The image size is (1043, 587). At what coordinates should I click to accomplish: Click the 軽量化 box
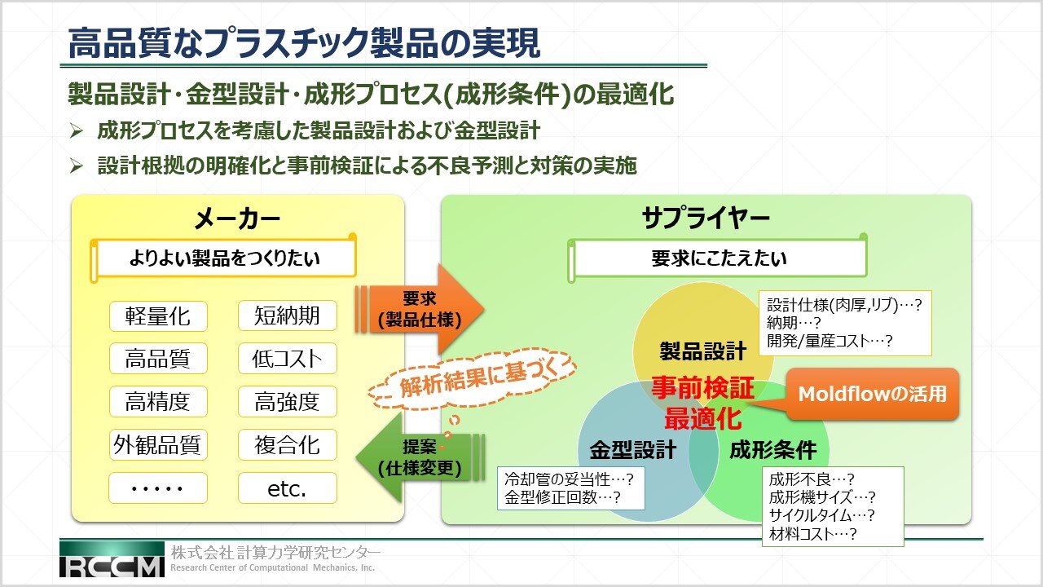point(158,316)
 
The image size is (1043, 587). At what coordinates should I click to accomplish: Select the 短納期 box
point(288,316)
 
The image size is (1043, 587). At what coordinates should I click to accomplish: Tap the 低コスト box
point(288,358)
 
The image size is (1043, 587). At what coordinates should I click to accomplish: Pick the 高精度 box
point(158,401)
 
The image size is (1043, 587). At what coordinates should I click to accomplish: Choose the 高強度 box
point(288,401)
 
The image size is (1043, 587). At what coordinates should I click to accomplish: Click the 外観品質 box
point(158,444)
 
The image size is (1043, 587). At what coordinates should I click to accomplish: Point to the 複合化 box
point(288,444)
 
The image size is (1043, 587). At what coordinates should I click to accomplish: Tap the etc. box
point(288,488)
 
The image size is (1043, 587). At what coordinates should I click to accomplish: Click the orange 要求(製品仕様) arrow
point(419,309)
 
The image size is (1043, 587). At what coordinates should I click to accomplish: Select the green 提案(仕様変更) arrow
point(419,457)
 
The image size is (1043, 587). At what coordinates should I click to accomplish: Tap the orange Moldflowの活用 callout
point(873,394)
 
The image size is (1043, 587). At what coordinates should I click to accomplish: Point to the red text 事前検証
point(702,387)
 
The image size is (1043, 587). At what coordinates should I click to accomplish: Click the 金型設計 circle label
point(633,450)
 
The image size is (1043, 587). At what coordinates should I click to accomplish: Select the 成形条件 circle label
point(773,450)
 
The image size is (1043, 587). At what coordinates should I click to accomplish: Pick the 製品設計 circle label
point(702,351)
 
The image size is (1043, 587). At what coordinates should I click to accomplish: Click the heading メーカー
point(237,218)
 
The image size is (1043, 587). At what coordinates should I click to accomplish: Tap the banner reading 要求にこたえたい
point(718,258)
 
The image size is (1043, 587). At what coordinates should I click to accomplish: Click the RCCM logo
point(112,559)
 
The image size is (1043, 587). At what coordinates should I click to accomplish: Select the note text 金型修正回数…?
point(562,497)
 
